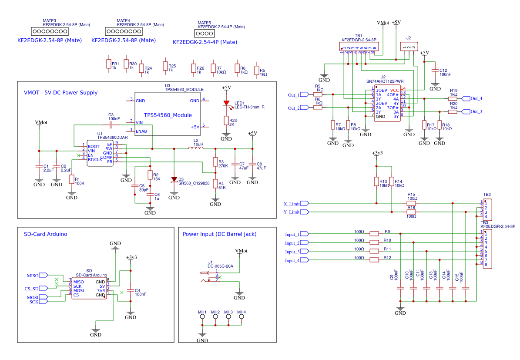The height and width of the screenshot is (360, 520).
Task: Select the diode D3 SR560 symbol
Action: tap(174, 179)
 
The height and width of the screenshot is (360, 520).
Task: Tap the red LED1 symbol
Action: tap(226, 104)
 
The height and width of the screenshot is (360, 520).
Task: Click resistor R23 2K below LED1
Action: tap(226, 121)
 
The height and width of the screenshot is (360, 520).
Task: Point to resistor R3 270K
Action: tap(215, 162)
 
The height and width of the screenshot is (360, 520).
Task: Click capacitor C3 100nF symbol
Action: tap(111, 125)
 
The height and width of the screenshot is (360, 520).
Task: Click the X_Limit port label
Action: tap(292, 203)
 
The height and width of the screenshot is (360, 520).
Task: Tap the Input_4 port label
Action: tap(292, 260)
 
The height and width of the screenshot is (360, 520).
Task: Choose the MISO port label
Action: tap(33, 276)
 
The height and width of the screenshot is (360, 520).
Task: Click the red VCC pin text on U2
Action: tap(395, 90)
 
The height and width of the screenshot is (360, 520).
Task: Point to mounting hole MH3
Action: tap(228, 317)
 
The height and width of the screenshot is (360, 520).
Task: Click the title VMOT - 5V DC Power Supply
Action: tap(60, 93)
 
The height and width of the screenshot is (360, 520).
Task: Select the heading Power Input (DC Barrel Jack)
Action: tap(219, 234)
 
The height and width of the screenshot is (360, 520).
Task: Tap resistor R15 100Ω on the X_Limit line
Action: tap(411, 203)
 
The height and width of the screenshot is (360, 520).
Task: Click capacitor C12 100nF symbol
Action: tap(434, 71)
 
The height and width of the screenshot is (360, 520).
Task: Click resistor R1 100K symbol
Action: tap(71, 179)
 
